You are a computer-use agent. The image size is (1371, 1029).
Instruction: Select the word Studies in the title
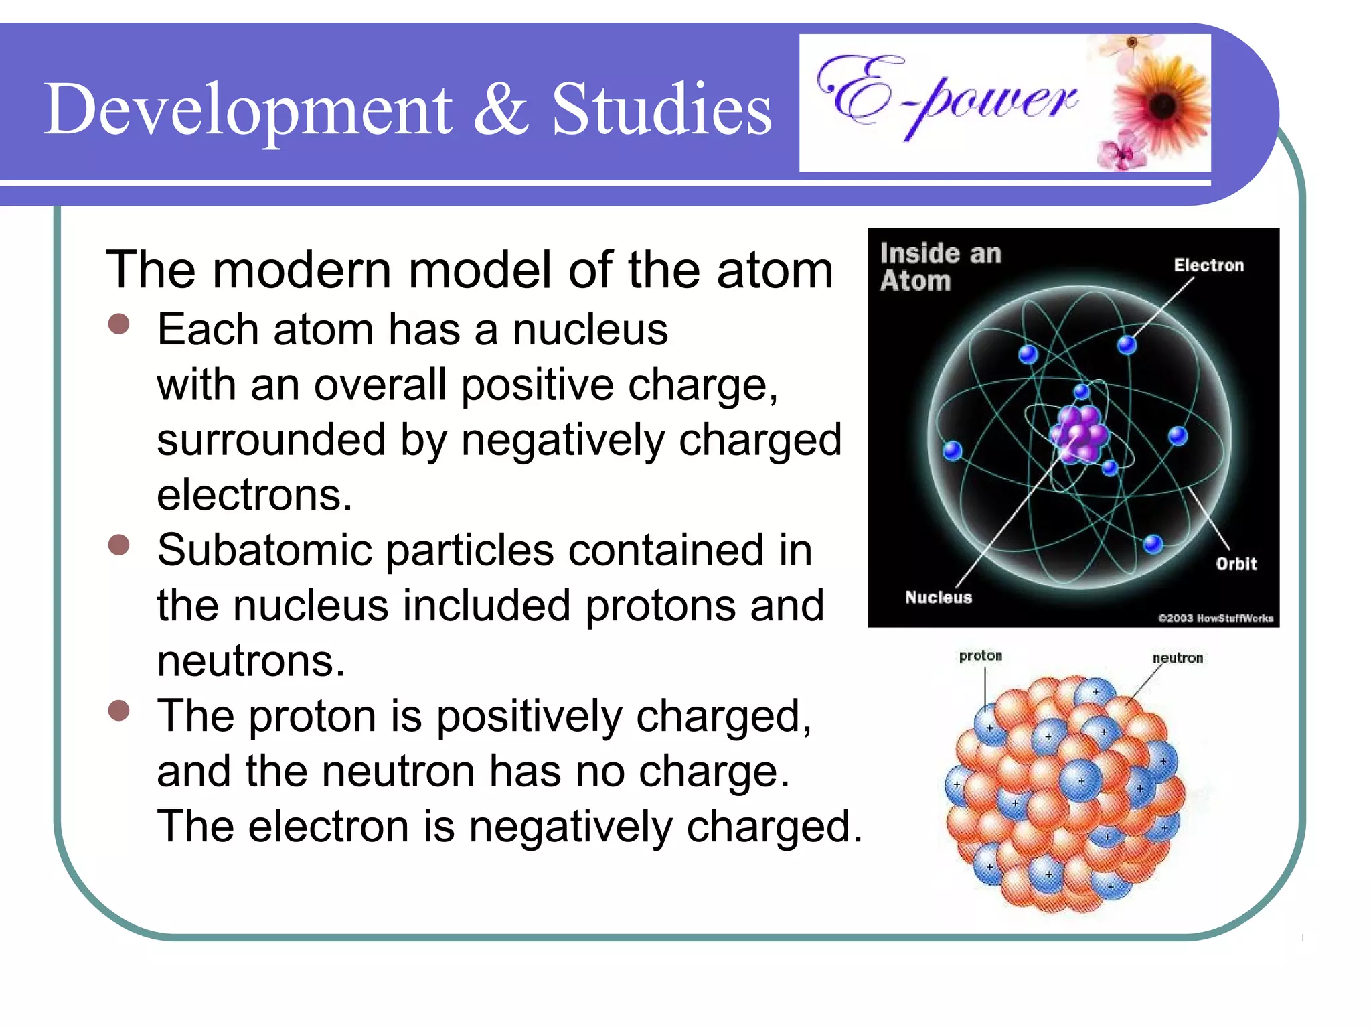661,109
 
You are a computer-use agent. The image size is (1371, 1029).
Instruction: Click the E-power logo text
947,97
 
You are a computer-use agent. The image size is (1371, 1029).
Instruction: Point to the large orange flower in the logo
1161,105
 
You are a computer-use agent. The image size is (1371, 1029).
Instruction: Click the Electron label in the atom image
1208,265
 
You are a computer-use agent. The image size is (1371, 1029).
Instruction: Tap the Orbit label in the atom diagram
1236,564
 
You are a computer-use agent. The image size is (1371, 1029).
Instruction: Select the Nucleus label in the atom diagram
938,597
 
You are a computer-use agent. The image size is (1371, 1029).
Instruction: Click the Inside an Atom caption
939,267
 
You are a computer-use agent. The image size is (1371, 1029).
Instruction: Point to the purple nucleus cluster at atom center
1079,434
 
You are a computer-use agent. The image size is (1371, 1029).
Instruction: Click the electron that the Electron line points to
1127,345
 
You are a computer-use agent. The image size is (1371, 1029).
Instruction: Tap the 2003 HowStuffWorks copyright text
1215,618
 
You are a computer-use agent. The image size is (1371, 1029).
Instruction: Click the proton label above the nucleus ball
980,655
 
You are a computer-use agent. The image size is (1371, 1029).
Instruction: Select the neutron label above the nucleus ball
1178,658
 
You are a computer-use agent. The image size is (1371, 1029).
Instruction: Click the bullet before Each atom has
118,324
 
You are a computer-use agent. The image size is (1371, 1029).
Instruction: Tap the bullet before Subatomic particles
118,545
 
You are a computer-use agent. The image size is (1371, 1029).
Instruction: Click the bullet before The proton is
118,711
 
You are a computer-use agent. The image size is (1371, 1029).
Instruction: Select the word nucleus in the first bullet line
590,330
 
